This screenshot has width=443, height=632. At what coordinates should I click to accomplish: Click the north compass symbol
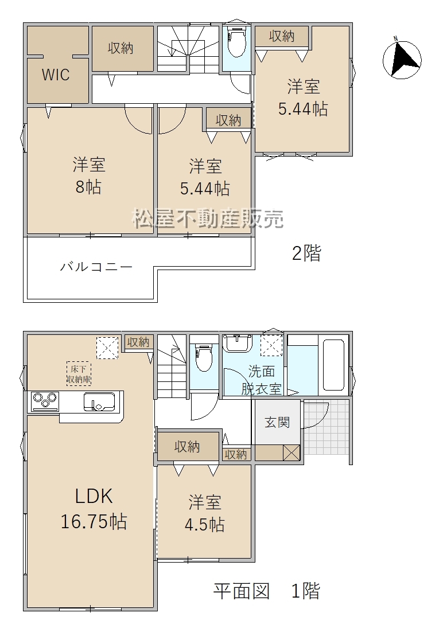402,59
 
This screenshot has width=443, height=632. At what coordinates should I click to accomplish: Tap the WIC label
56,75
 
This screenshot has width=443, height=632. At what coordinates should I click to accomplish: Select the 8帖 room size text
88,187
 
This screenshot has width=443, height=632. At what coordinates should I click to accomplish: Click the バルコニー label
96,267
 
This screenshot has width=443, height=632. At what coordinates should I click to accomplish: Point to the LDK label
94,496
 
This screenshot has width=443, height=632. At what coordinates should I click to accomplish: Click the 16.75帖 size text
94,521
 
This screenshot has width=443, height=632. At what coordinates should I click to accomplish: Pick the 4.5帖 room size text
204,525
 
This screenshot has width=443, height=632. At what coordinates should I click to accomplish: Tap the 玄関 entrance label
277,423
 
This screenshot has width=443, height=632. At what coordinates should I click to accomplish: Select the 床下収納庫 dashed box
79,374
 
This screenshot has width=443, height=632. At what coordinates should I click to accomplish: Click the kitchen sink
99,402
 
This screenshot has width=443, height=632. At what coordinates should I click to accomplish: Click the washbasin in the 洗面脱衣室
238,343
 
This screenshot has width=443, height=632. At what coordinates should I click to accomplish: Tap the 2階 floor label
306,253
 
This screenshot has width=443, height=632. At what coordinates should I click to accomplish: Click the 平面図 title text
241,591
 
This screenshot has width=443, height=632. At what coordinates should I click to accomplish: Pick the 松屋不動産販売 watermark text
208,219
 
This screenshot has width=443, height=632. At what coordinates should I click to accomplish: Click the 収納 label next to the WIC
121,48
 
